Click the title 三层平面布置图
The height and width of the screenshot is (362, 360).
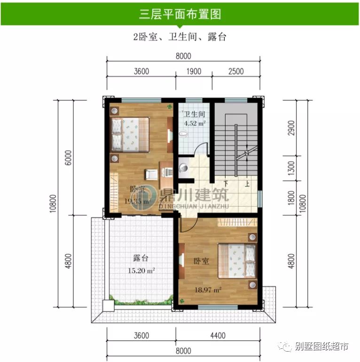[180, 14]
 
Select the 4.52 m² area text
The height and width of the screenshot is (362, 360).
[195, 124]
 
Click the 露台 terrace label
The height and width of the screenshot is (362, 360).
[141, 258]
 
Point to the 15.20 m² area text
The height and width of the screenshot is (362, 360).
[141, 270]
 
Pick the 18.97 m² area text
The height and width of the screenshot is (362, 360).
[208, 290]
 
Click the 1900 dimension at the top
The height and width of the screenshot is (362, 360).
[194, 71]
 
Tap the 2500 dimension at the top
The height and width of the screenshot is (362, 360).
[236, 71]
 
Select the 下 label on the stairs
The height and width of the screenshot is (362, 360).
[226, 184]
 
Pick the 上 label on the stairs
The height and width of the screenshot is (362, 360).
[247, 184]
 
